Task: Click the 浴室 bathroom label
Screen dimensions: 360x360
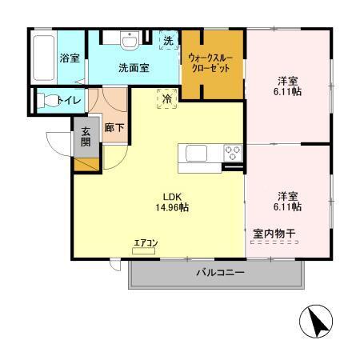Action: (x=69, y=58)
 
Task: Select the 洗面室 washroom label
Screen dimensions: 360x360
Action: (x=134, y=68)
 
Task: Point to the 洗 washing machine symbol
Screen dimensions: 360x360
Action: (x=168, y=41)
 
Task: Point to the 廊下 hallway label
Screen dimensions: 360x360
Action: (x=113, y=127)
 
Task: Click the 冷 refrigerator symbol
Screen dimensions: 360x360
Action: (x=167, y=98)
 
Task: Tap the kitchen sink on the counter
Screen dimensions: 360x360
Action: (x=197, y=153)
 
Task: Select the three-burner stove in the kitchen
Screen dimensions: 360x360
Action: (x=233, y=152)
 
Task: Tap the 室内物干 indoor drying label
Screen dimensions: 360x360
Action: (x=274, y=234)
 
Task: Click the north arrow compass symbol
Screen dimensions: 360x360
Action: (x=316, y=324)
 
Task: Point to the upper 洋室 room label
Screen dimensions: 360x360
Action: (x=286, y=80)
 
